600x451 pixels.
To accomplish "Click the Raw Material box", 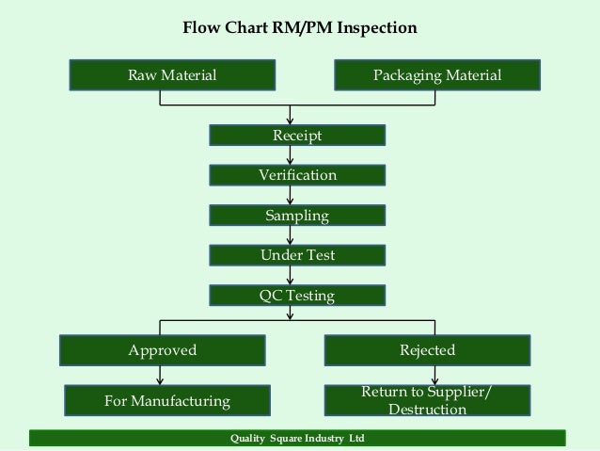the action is pos(172,75).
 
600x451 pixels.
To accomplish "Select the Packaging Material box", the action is pos(437,75).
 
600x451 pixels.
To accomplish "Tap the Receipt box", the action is pos(297,136).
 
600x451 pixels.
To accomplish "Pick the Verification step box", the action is pos(297,175).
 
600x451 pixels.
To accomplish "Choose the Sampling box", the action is pos(297,216).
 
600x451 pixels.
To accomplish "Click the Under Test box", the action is pos(297,255).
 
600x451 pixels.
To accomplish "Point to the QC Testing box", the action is pos(297,296).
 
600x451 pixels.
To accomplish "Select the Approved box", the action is pos(163,350).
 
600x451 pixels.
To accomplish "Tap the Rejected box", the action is pos(427,350).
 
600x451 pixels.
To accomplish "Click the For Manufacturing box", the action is pos(167,400).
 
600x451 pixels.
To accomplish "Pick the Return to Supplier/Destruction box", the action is pos(427,400).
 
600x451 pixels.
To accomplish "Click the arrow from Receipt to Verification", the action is pos(290,155).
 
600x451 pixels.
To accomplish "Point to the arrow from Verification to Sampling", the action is pos(290,196).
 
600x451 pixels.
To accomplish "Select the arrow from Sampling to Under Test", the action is pos(290,235).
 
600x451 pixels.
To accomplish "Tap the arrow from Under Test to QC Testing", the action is pos(290,276).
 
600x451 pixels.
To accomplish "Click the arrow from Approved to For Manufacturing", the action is pos(160,376).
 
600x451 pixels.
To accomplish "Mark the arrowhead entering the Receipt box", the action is pos(290,121).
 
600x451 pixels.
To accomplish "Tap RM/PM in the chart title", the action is pos(302,27).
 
